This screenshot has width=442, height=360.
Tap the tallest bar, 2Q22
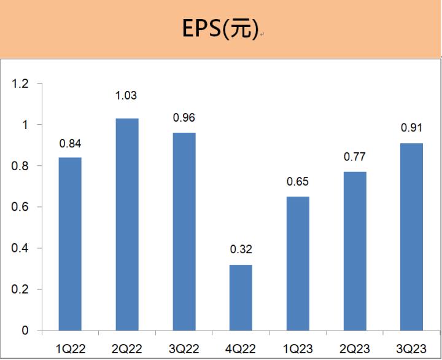pyautogui.click(x=127, y=224)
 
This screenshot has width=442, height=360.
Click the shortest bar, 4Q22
pyautogui.click(x=241, y=297)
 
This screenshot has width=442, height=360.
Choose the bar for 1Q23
pyautogui.click(x=298, y=264)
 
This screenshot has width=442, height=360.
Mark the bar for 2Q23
pyautogui.click(x=355, y=251)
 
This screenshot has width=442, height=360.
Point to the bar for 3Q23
pyautogui.click(x=411, y=237)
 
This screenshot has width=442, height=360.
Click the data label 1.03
pyautogui.click(x=126, y=96)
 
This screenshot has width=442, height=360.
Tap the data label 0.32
pyautogui.click(x=241, y=249)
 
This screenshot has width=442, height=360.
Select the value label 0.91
pyautogui.click(x=411, y=128)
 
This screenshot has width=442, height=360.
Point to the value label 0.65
pyautogui.click(x=298, y=182)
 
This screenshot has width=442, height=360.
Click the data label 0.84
pyautogui.click(x=70, y=144)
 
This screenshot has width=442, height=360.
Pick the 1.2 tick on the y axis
pyautogui.click(x=20, y=84)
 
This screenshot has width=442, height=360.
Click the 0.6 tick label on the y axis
pyautogui.click(x=20, y=207)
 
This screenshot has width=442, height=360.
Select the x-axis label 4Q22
pyautogui.click(x=241, y=348)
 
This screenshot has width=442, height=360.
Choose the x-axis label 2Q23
pyautogui.click(x=355, y=348)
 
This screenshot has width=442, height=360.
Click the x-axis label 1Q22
pyautogui.click(x=70, y=348)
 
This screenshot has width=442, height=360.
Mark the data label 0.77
pyautogui.click(x=355, y=157)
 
